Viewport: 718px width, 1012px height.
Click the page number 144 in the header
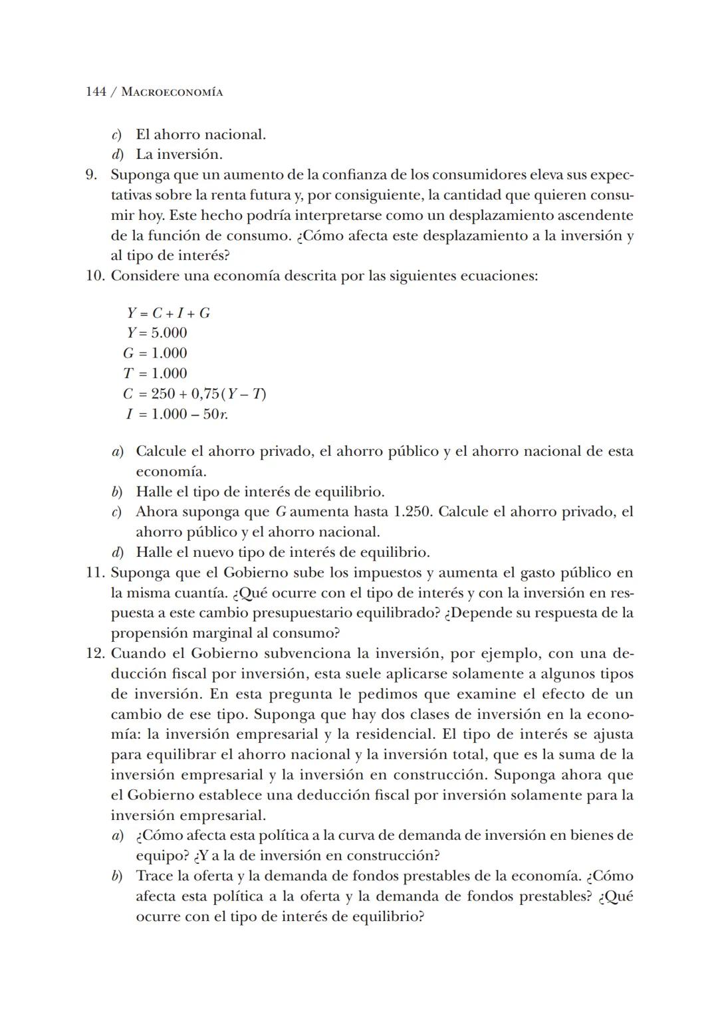click(96, 92)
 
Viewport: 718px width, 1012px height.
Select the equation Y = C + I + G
click(168, 313)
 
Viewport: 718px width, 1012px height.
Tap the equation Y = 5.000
click(157, 333)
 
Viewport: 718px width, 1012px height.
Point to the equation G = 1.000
click(155, 353)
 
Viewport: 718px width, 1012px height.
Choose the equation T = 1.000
click(155, 373)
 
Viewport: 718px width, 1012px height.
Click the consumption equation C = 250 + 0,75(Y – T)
click(194, 393)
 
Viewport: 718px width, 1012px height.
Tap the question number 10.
click(95, 276)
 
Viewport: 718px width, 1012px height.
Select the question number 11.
click(95, 573)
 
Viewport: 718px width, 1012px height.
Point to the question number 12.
click(95, 654)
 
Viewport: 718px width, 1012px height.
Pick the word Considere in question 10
click(142, 276)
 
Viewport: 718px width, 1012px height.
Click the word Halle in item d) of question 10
click(154, 552)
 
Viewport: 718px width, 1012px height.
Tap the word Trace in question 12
click(155, 876)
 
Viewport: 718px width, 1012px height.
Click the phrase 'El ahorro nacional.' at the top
click(201, 135)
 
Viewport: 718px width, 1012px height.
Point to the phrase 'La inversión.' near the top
click(179, 155)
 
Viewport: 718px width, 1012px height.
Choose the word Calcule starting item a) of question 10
click(160, 452)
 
